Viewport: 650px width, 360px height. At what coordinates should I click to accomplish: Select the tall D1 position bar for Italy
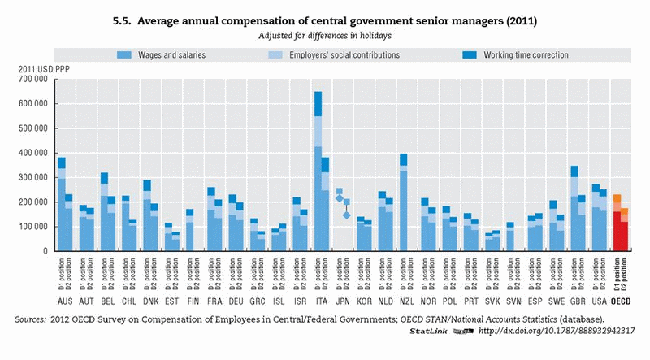click(x=318, y=179)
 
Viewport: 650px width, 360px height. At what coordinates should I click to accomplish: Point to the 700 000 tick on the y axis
click(x=32, y=79)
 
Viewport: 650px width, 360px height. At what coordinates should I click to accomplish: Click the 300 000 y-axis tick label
click(x=32, y=177)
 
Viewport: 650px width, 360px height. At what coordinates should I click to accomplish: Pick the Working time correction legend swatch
click(x=470, y=55)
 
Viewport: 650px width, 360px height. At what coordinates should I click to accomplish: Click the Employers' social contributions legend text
click(x=334, y=55)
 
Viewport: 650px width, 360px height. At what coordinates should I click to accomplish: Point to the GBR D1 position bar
click(x=574, y=211)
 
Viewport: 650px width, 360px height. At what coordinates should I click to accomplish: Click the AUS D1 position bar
click(x=62, y=207)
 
